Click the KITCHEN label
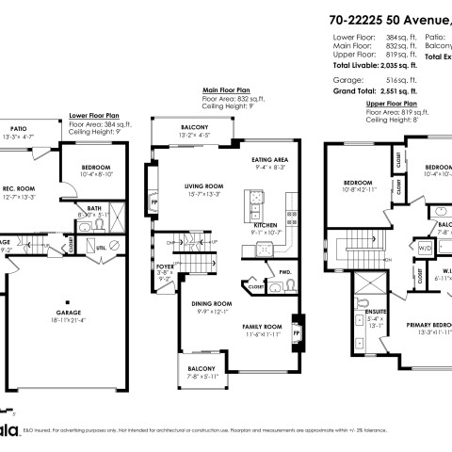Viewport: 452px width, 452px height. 266,226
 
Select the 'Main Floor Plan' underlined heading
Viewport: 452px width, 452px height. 226,91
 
